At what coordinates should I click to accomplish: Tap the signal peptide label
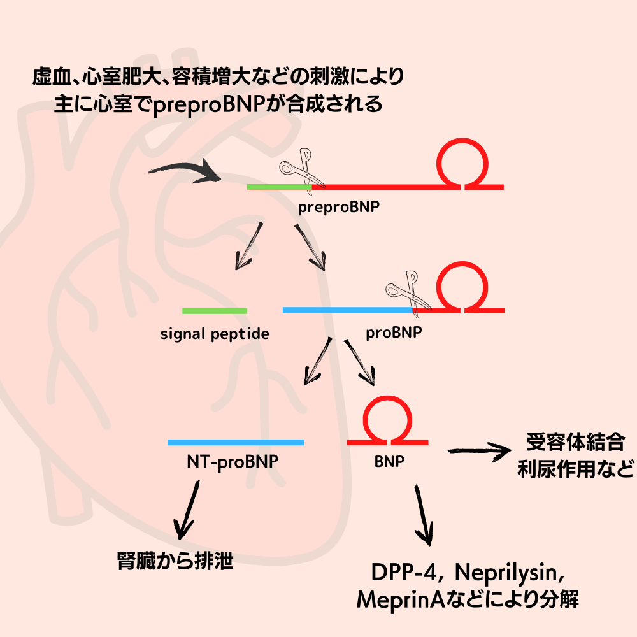coord(215,333)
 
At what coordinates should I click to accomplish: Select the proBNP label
coord(394,333)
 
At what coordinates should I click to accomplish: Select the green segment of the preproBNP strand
coord(279,187)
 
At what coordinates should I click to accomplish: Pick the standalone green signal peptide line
coord(215,311)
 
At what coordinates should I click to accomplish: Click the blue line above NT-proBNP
coord(236,442)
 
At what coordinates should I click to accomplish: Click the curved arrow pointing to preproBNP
coord(185,171)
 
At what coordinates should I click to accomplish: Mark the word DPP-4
coord(406,572)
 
